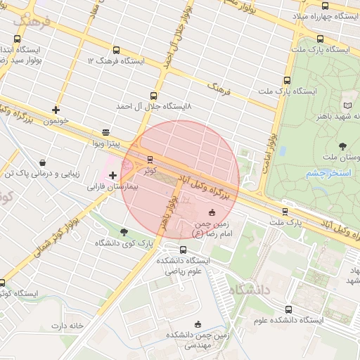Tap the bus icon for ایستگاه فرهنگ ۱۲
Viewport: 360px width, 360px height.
pos(115,50)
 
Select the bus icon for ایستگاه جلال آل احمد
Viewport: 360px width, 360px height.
pos(153,96)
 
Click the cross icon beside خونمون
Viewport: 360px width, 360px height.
pos(56,110)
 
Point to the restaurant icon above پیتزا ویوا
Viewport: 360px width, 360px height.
pos(105,131)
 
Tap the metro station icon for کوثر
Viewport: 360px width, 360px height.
pos(149,159)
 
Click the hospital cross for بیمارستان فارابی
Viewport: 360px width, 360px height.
pos(112,175)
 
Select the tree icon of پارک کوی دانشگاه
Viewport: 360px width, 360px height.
pos(124,232)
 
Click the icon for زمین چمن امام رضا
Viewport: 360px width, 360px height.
pos(212,212)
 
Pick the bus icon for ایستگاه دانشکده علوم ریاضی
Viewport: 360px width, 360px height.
pos(184,249)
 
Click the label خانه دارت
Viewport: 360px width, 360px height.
pos(67,326)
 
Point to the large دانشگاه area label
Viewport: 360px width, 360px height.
pos(249,289)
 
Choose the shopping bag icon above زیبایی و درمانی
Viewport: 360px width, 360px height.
pos(44,162)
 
